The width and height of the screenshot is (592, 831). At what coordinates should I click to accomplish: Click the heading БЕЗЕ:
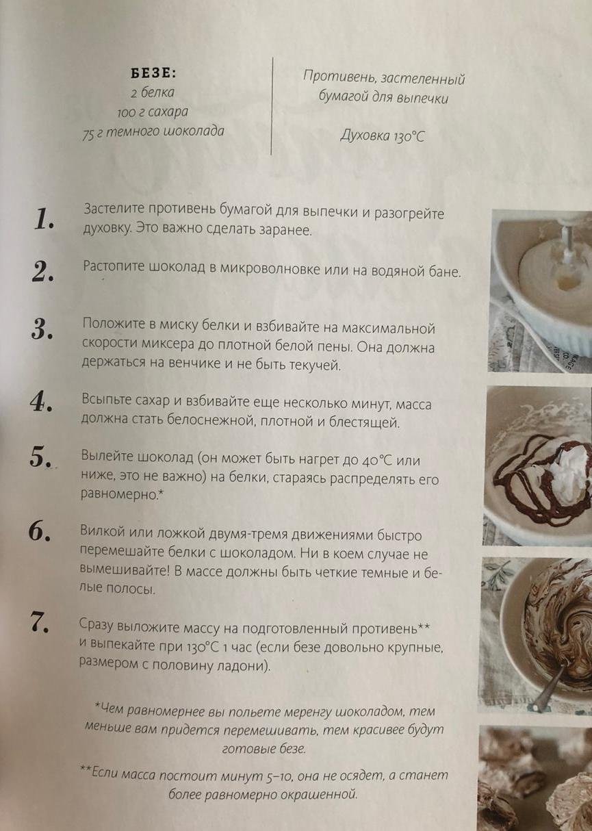point(153,73)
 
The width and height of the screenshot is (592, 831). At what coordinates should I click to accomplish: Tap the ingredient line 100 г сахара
point(153,112)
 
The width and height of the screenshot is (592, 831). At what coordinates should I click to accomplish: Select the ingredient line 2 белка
point(152,92)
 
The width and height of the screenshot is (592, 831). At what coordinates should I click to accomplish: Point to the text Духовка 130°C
point(383,136)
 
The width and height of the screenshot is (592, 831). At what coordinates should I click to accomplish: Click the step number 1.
point(43,219)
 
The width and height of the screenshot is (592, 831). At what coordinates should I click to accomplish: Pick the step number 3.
point(42,329)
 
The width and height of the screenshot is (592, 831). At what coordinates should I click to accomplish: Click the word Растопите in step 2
point(114,268)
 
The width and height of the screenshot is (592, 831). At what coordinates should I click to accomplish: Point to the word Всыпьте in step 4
point(105,400)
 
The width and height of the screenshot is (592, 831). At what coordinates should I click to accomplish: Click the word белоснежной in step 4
point(211,420)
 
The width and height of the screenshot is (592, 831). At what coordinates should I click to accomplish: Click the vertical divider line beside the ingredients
point(272,106)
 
